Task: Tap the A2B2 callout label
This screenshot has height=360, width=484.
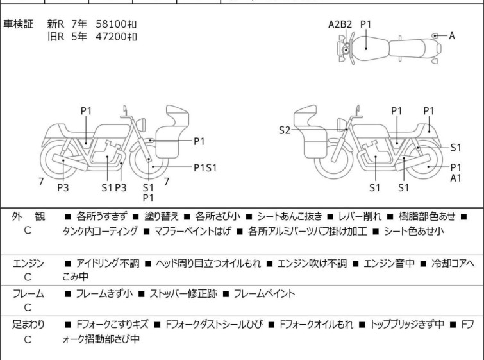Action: tap(340, 24)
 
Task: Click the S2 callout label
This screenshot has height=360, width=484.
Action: tap(285, 131)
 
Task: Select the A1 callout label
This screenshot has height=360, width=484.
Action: tap(455, 178)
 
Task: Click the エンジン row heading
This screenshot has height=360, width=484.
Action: tap(29, 263)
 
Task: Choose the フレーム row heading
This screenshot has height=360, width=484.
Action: tap(28, 294)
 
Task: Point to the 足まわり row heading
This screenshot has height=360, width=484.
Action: tap(28, 325)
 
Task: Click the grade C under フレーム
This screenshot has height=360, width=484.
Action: tap(28, 307)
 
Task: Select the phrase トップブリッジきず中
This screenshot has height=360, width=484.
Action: tap(410, 325)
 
